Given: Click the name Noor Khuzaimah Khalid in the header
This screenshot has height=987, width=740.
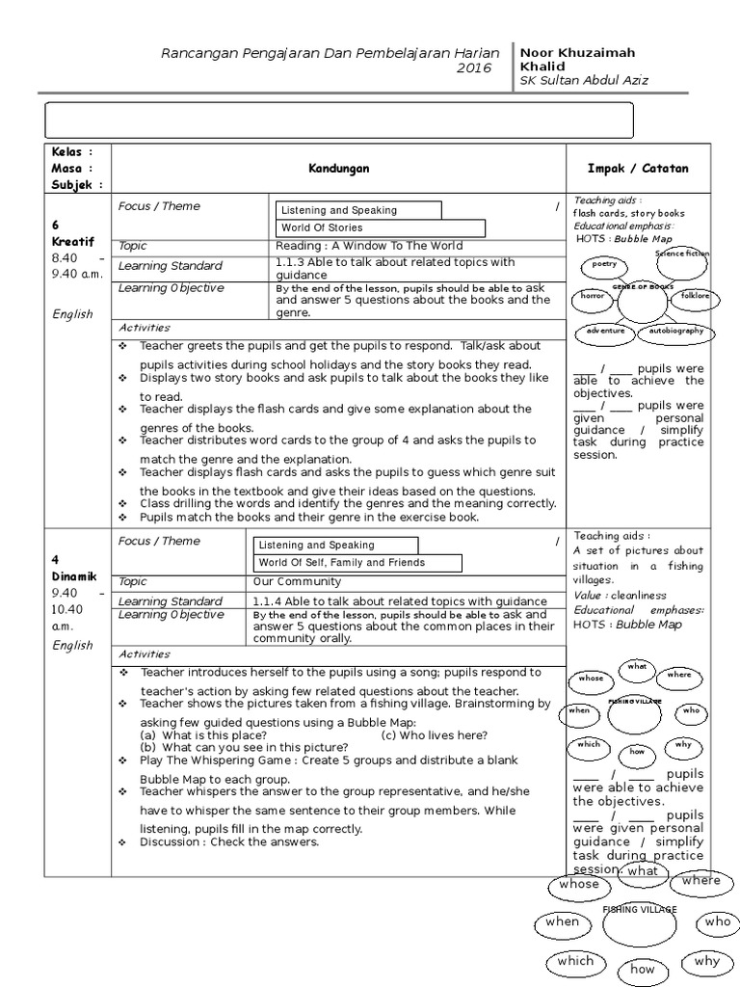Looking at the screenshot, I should (x=576, y=59).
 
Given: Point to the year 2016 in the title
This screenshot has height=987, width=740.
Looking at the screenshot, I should (x=473, y=68).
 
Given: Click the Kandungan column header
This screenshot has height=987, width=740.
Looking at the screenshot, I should (x=338, y=169).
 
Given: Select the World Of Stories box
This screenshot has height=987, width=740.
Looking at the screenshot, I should (x=382, y=228).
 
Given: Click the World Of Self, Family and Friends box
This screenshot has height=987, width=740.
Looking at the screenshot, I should (x=357, y=563).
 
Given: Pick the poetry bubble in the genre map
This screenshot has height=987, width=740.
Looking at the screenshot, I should (x=604, y=264).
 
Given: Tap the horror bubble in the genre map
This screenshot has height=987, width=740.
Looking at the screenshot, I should (x=592, y=297).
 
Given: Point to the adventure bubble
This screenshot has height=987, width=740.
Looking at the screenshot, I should (x=605, y=332).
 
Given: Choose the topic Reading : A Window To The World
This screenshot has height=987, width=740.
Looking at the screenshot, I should (x=369, y=246).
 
